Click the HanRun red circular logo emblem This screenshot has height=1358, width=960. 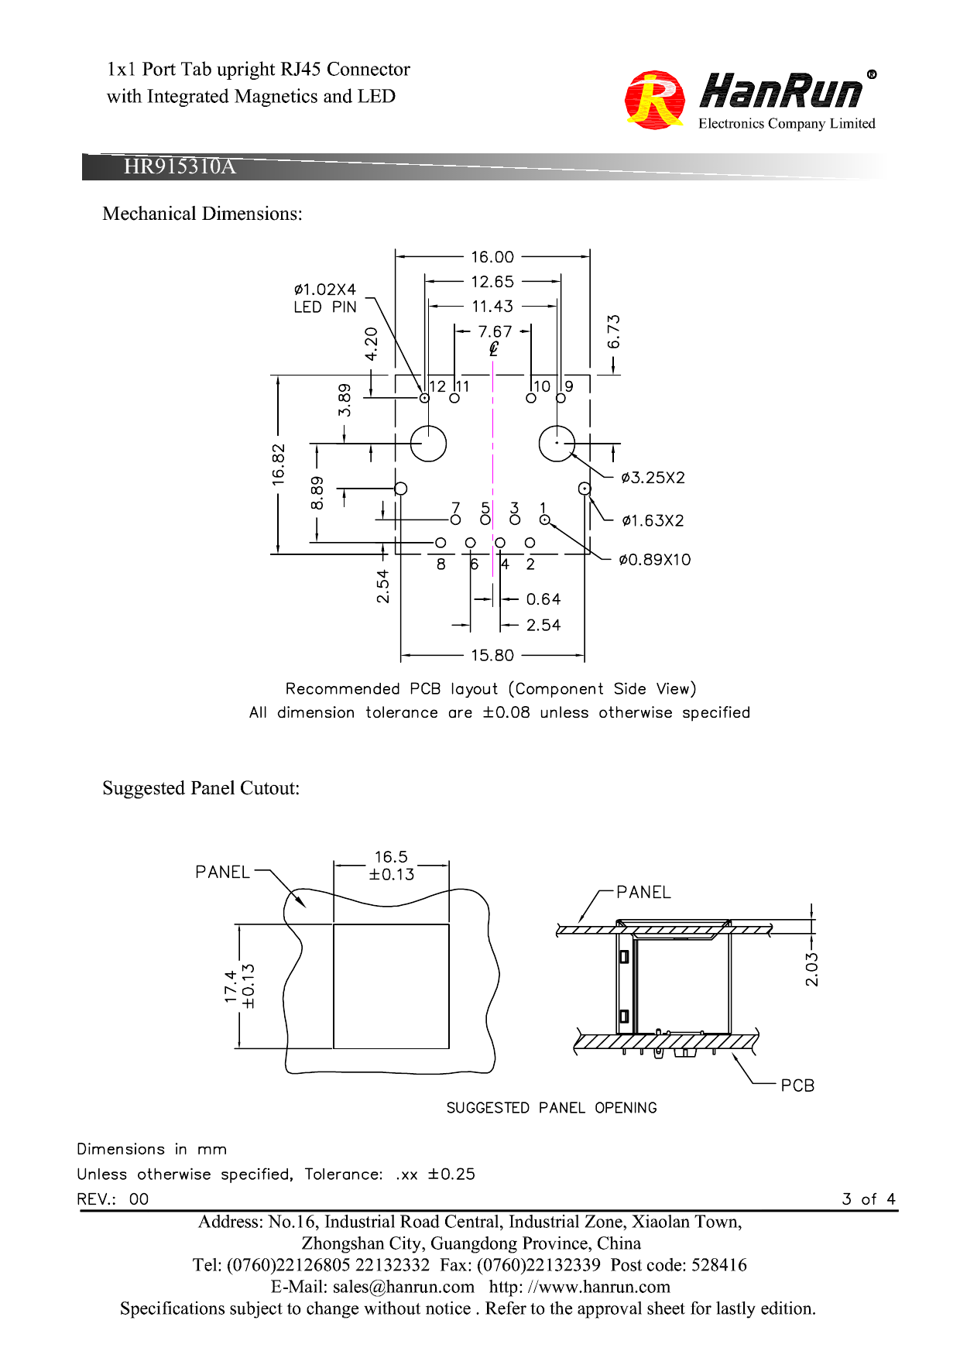click(x=654, y=99)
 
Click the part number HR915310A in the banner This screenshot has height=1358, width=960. click(x=180, y=166)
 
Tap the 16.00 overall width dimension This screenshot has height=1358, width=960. click(x=492, y=257)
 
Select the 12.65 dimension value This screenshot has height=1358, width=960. click(x=492, y=282)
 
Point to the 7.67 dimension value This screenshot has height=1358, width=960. click(x=495, y=331)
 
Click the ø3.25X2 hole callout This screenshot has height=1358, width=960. click(x=653, y=478)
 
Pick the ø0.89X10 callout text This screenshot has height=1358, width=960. click(x=654, y=560)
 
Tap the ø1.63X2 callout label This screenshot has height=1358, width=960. click(x=653, y=520)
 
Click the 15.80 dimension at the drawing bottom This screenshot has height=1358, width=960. click(x=492, y=655)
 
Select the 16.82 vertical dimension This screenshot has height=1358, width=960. click(x=279, y=465)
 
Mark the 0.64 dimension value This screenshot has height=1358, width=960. click(x=543, y=599)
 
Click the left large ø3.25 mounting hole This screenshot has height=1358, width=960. click(x=428, y=444)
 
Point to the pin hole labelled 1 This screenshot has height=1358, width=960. click(x=544, y=520)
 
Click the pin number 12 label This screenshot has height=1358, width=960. click(x=437, y=386)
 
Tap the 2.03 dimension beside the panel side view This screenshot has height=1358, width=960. click(x=811, y=969)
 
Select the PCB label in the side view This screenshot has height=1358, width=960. click(x=797, y=1085)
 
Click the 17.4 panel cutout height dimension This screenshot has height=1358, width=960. click(x=231, y=986)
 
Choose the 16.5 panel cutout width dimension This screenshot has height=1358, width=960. click(x=391, y=857)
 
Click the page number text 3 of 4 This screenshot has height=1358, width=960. click(x=869, y=1199)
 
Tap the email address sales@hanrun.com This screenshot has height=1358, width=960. click(x=403, y=1287)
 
